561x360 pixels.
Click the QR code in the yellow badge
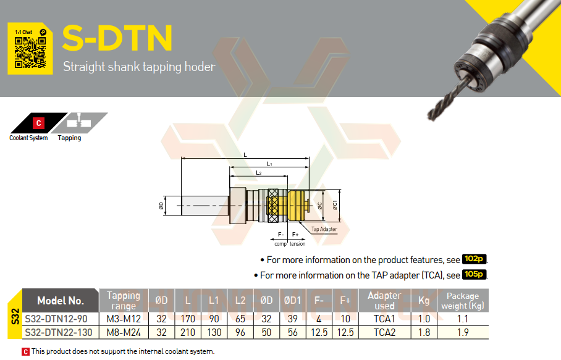point(30,52)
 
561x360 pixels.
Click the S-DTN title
point(117,38)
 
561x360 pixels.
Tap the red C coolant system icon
point(39,123)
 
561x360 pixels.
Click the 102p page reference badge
point(474,259)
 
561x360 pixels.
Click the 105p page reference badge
point(474,274)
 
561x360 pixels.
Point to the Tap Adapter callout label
point(324,229)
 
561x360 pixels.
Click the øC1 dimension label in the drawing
point(335,205)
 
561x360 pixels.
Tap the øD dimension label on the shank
point(161,206)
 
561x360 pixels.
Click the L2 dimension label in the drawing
point(259,173)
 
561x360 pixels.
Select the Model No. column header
point(61,301)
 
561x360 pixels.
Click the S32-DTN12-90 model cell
point(56,319)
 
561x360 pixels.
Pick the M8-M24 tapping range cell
point(124,332)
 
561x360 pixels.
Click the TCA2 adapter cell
point(385,332)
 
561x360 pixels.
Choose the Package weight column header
point(463,301)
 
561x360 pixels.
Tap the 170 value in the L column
point(187,319)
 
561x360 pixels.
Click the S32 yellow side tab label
point(15,316)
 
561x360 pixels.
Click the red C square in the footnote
point(25,352)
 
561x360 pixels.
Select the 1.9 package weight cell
point(463,332)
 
